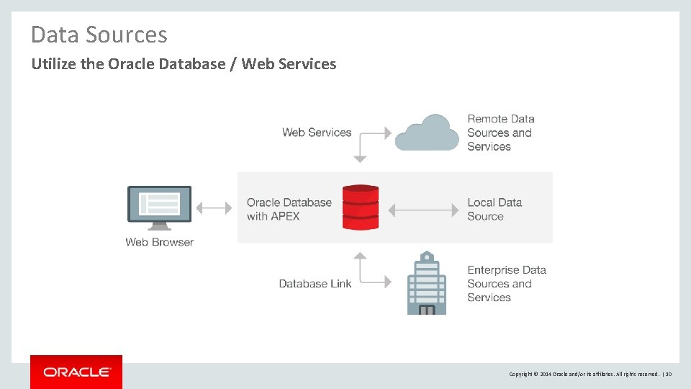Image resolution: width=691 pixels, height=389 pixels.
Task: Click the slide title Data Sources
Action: (x=99, y=35)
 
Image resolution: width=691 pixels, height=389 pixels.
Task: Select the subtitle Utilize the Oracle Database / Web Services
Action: (x=184, y=64)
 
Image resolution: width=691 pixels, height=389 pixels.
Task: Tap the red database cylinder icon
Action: (x=360, y=207)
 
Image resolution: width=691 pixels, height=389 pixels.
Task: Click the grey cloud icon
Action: (x=427, y=133)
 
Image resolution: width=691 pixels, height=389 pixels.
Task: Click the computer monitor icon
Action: (x=159, y=207)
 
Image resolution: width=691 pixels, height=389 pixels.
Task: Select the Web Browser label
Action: (x=159, y=242)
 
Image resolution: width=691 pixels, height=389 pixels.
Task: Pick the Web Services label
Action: (x=317, y=133)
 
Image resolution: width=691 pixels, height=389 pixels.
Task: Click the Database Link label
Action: (x=315, y=284)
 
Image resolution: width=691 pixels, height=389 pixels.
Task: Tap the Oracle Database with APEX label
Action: (x=289, y=209)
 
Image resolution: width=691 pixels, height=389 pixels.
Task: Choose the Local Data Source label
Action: (x=494, y=209)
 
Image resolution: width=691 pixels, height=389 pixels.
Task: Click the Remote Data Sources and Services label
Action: (x=500, y=133)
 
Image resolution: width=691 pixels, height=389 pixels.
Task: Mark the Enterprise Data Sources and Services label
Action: (x=506, y=284)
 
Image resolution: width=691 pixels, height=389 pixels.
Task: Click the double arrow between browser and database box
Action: (x=214, y=208)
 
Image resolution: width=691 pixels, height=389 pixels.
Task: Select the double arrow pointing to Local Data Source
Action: (x=423, y=210)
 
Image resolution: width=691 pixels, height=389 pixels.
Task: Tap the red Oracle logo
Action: (x=76, y=372)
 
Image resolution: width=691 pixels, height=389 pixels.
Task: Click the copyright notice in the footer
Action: (x=583, y=374)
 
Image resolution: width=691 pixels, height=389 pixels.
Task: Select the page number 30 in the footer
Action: (x=668, y=374)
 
